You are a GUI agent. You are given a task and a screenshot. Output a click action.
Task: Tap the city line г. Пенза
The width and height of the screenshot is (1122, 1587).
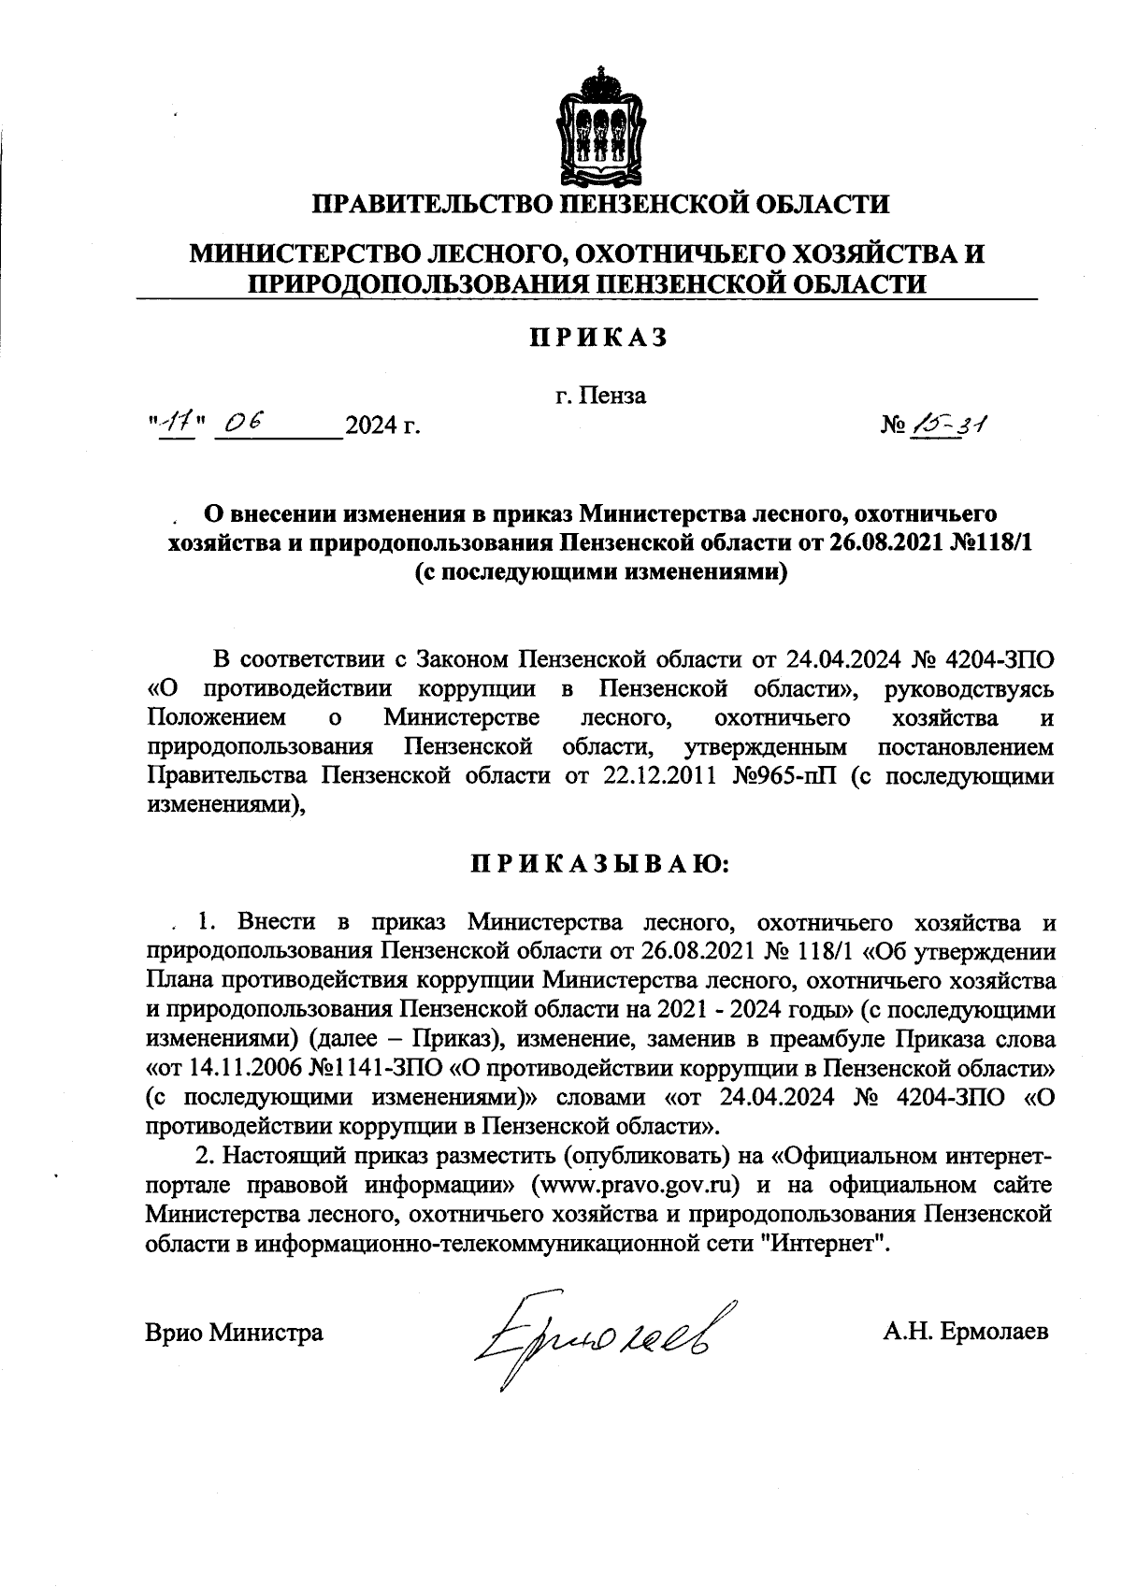click(599, 396)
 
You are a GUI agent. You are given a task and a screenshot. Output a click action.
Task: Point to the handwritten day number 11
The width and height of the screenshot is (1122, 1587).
click(176, 426)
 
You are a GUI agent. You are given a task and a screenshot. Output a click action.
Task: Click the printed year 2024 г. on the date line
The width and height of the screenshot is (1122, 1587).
click(381, 427)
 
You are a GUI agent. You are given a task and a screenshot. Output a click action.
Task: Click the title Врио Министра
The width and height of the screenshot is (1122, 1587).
click(235, 1332)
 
